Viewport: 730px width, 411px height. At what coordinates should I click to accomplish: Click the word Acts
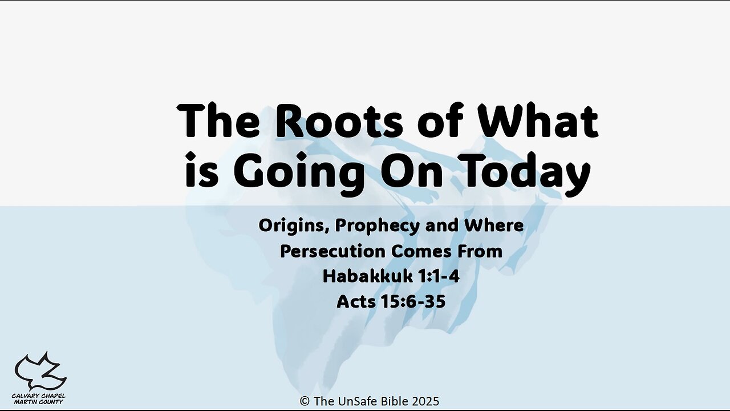355,302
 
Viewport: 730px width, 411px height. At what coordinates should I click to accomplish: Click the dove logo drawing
40,371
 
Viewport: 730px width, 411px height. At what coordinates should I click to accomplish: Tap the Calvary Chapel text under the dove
38,396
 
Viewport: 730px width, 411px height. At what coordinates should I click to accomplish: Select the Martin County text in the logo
38,402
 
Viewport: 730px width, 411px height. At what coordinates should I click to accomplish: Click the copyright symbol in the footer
305,401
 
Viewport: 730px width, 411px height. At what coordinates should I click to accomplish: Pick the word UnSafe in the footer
360,401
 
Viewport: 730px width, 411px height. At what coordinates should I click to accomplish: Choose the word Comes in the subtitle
421,252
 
